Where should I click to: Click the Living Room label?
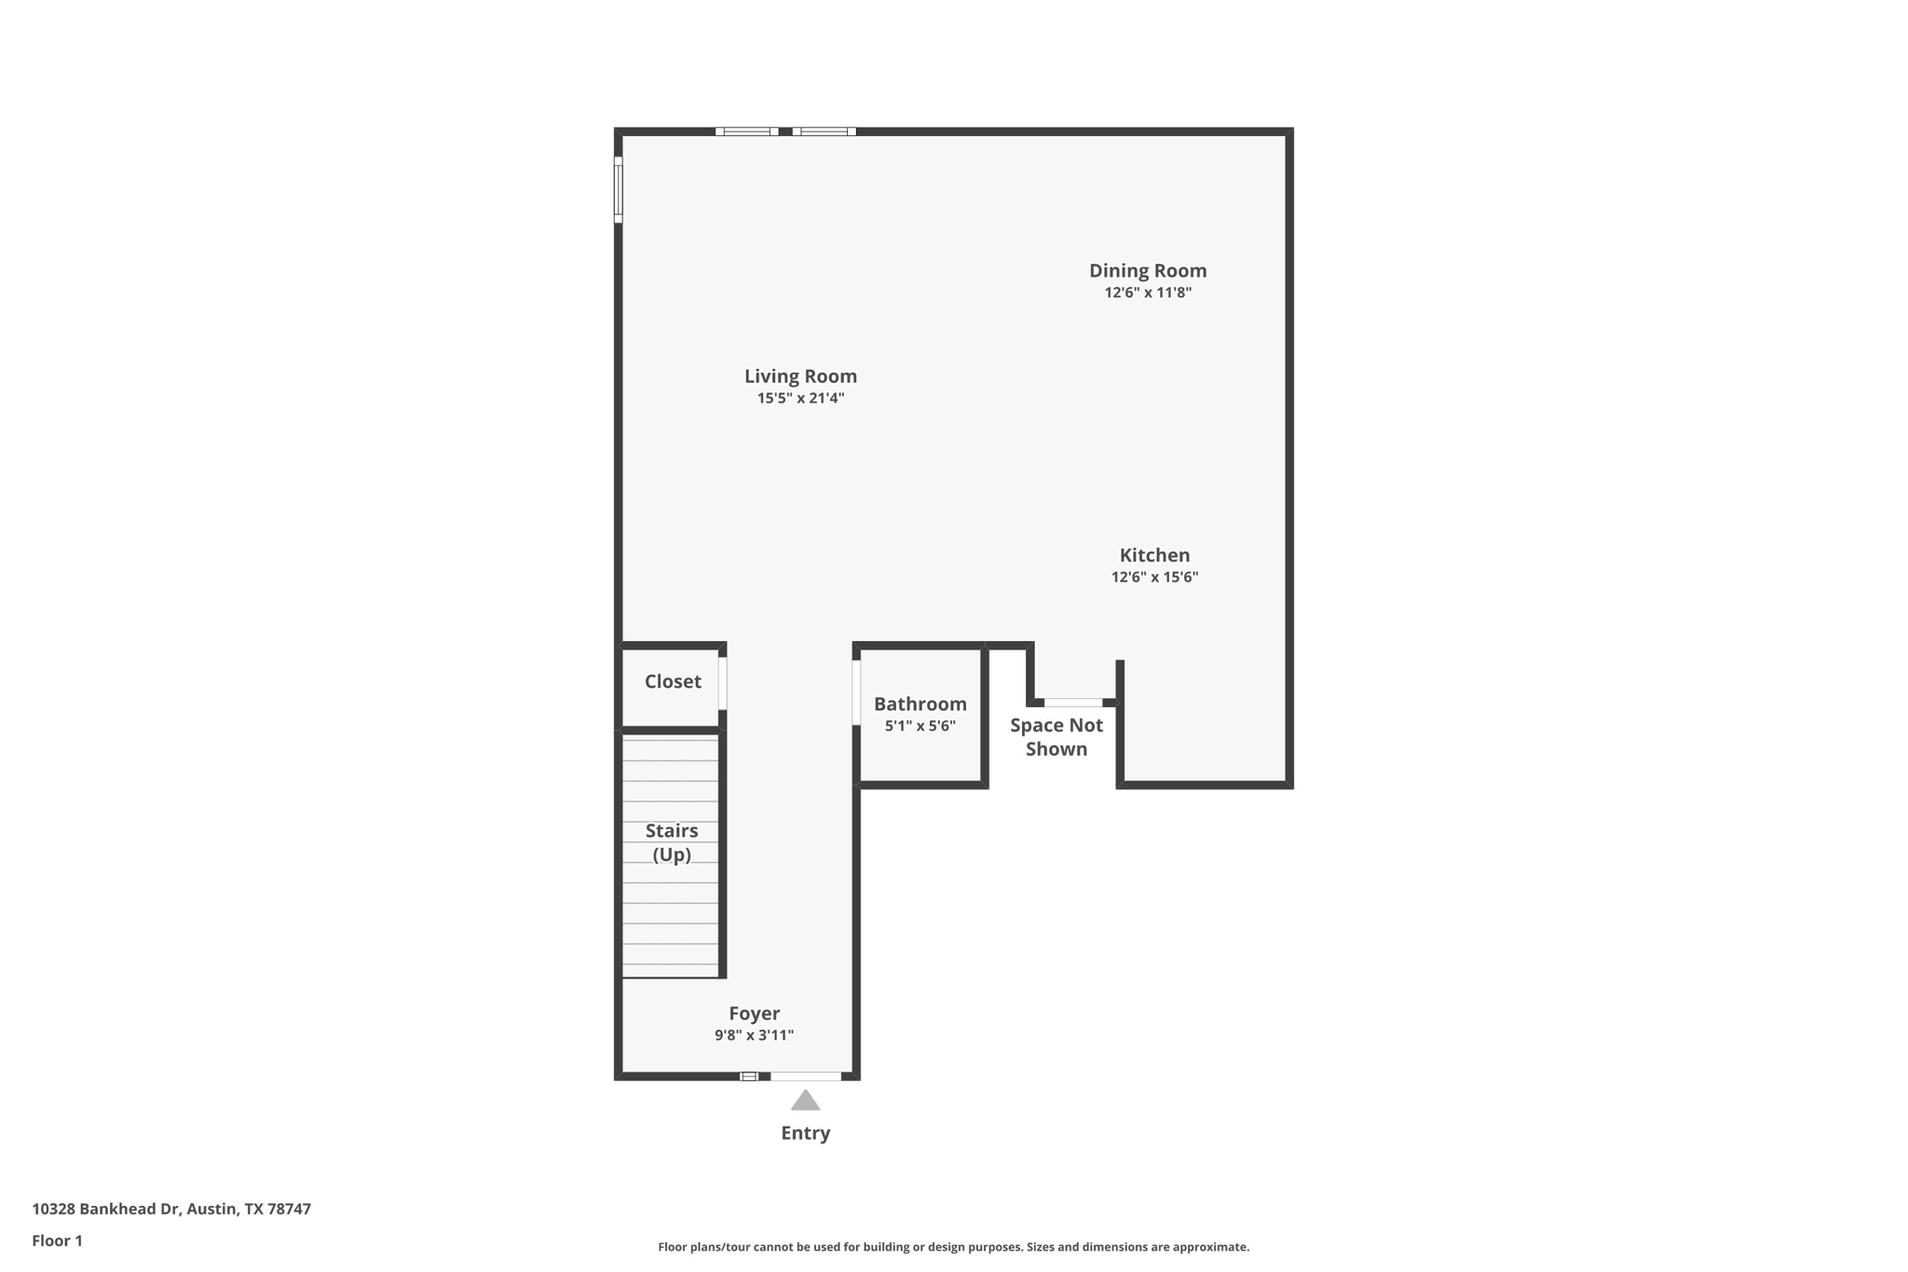click(x=800, y=376)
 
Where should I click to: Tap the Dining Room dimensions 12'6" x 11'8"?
click(x=1148, y=293)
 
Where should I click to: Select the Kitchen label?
click(x=1154, y=554)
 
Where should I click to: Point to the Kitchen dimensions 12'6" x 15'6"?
click(x=1154, y=577)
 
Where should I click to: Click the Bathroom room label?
click(x=920, y=704)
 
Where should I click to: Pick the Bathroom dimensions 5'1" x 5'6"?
click(x=920, y=726)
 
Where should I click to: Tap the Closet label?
click(x=673, y=681)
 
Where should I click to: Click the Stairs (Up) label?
click(x=671, y=842)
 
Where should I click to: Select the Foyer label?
click(x=754, y=1013)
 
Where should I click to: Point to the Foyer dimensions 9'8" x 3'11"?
click(x=754, y=1035)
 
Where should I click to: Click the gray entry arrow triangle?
click(x=805, y=1101)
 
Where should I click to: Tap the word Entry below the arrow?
click(x=805, y=1133)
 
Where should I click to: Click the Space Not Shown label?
click(x=1056, y=737)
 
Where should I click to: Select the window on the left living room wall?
click(x=618, y=190)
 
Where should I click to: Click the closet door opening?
click(x=722, y=683)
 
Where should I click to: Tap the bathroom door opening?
click(x=856, y=692)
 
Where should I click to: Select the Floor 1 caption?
click(x=57, y=1240)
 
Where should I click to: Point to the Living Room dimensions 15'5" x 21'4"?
click(x=800, y=398)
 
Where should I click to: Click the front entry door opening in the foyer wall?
click(x=805, y=1076)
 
